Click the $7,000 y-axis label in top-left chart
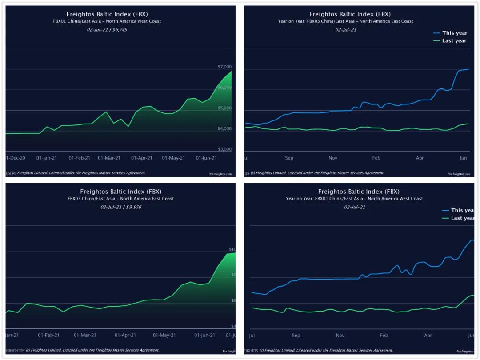tap(224, 67)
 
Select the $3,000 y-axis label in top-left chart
tap(224, 149)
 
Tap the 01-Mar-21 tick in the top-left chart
tap(109, 158)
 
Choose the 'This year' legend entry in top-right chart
tap(454, 33)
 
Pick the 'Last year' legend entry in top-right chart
tap(454, 41)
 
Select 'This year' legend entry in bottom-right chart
tap(462, 210)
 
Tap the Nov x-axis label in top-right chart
tap(333, 158)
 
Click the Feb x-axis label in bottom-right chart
tap(384, 336)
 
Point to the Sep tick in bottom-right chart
tap(296, 336)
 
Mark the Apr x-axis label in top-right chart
tap(420, 158)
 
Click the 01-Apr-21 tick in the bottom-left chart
tap(125, 335)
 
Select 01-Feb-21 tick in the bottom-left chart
tap(49, 335)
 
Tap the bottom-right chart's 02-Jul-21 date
tap(355, 207)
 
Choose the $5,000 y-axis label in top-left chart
tap(224, 108)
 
